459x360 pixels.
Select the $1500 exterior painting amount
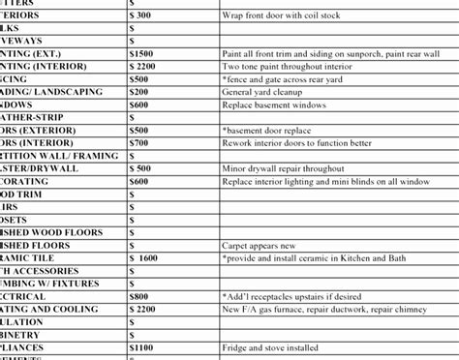[x=141, y=53]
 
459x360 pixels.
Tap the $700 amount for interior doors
[x=139, y=142]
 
